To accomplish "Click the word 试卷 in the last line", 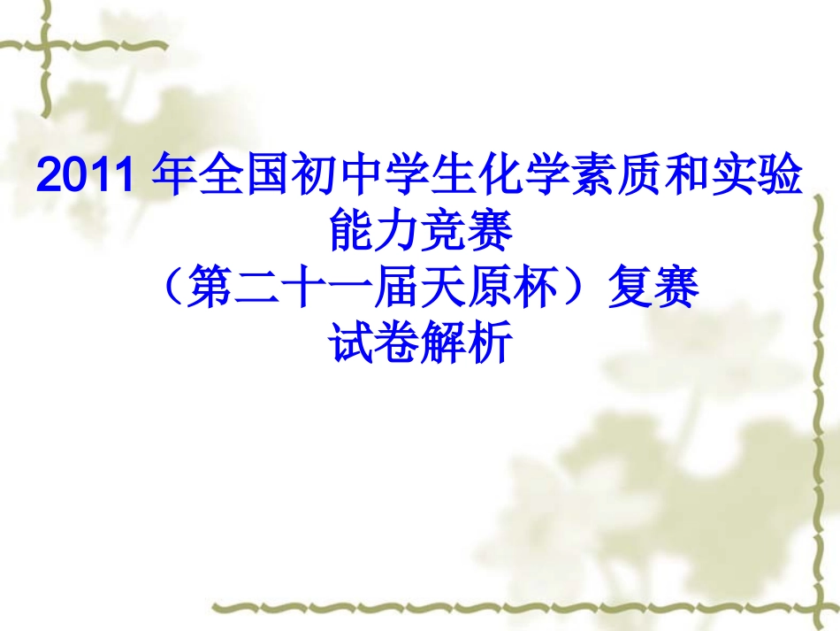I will pos(374,343).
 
